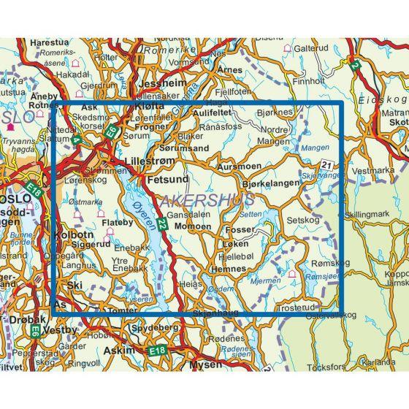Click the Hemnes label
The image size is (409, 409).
coord(226,270)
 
